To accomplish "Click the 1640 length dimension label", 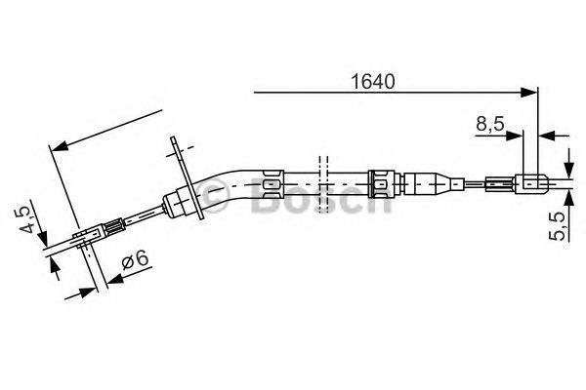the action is coord(373,82).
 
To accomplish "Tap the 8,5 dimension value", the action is coord(490,124).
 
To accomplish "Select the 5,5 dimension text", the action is coord(558,226).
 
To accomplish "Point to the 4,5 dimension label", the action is coord(27,219).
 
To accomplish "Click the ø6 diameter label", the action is coord(136,259).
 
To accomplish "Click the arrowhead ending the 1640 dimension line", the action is coord(528,93).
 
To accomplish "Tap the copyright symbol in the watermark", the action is coord(215,194).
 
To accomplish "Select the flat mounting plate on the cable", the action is coord(187,177).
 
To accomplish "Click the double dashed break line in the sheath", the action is coord(323,184).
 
